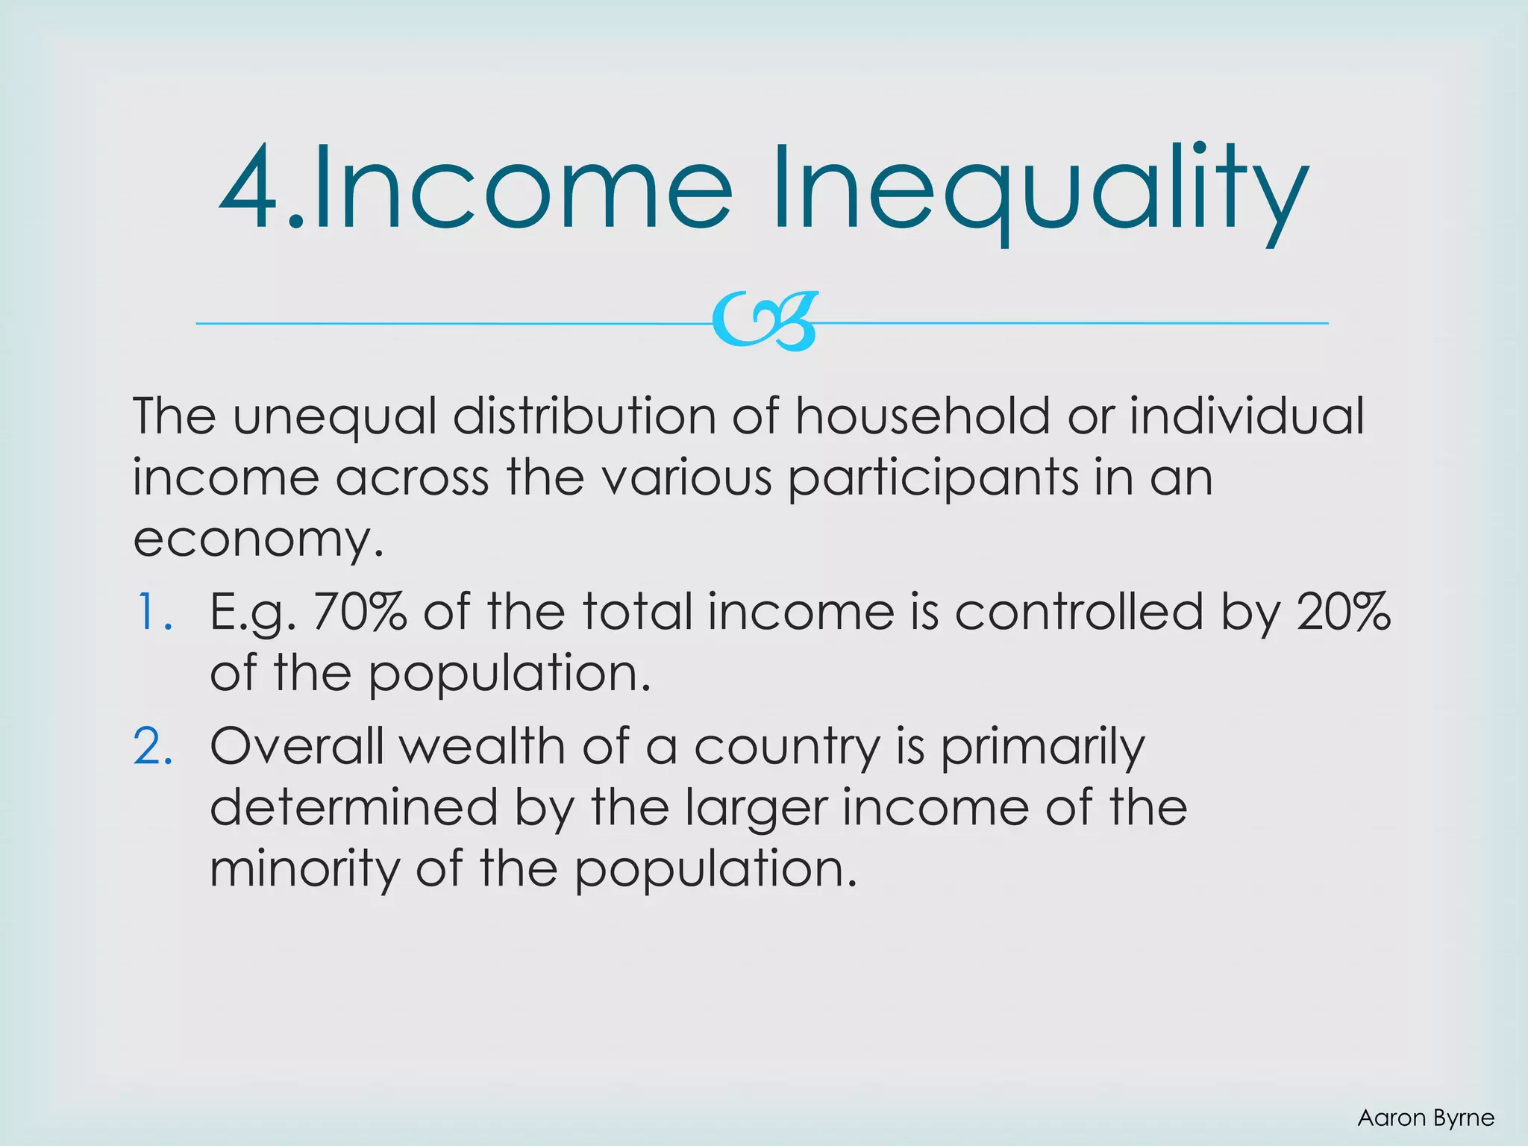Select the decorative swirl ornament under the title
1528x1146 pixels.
[764, 322]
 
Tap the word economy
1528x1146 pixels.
[258, 540]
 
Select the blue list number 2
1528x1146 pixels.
[154, 746]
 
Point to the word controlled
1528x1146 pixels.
[1079, 612]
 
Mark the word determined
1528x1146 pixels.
[354, 807]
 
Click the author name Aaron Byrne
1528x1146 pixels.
[1426, 1118]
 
